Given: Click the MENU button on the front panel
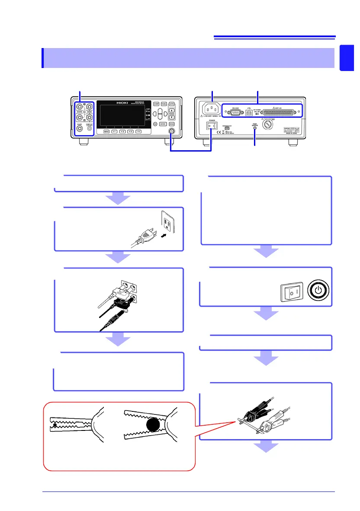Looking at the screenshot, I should (x=106, y=131).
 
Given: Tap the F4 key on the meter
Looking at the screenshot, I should (x=138, y=131).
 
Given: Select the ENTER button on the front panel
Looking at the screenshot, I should (x=163, y=124).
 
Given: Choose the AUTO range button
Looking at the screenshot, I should (x=171, y=104).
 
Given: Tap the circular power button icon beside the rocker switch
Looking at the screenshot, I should (x=318, y=289).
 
